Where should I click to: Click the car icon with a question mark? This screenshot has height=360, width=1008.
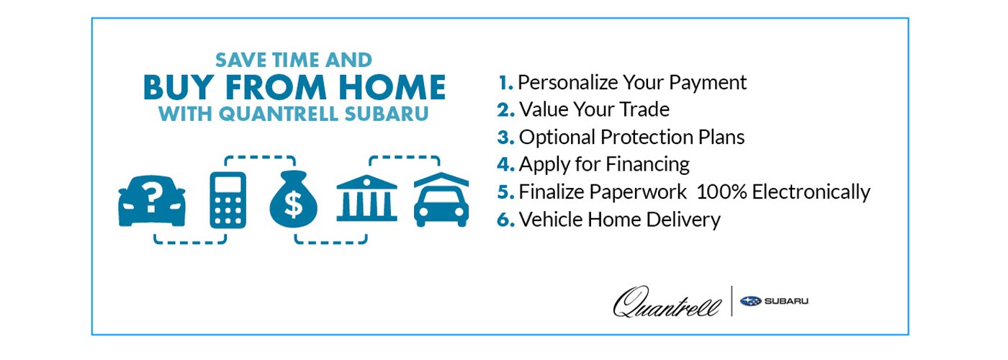pos(152,199)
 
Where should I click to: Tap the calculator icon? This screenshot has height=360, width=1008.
pos(228,199)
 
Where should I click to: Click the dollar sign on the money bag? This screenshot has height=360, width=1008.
pos(294,206)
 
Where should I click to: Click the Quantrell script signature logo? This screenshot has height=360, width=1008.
pos(666,301)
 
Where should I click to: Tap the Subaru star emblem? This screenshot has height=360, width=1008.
pos(751,301)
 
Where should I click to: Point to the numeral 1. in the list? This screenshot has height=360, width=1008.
pos(505,83)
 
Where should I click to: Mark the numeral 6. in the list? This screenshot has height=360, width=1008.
pos(505,219)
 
